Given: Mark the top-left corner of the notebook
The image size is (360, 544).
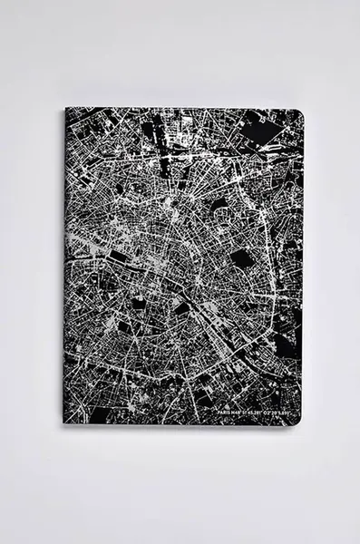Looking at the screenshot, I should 66,110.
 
